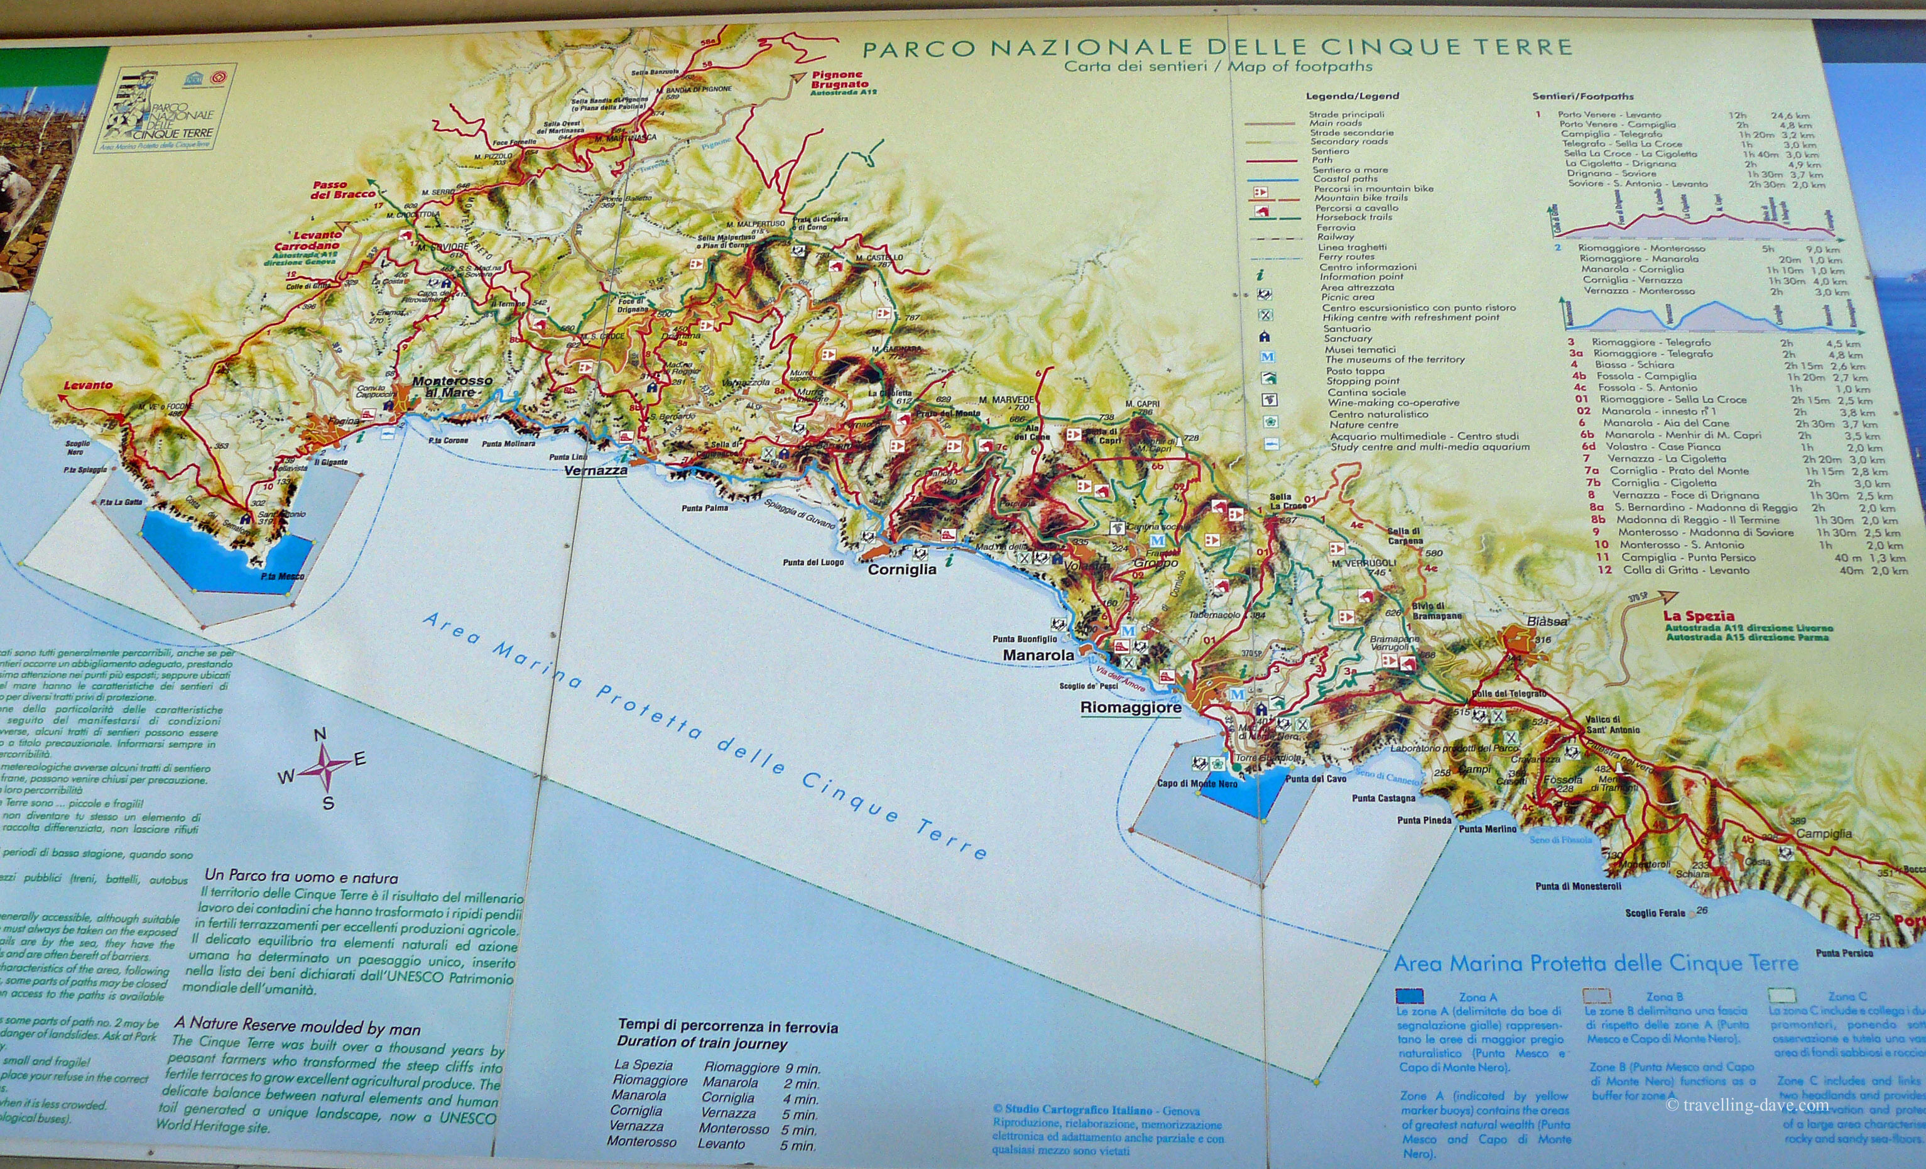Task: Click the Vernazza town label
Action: pyautogui.click(x=595, y=471)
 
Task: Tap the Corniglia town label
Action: pyautogui.click(x=901, y=570)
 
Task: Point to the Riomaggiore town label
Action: pyautogui.click(x=1130, y=708)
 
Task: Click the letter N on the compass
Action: pyautogui.click(x=319, y=735)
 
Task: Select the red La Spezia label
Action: pyautogui.click(x=1699, y=615)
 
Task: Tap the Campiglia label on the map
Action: pyautogui.click(x=1823, y=833)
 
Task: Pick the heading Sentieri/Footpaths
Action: pyautogui.click(x=1583, y=96)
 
